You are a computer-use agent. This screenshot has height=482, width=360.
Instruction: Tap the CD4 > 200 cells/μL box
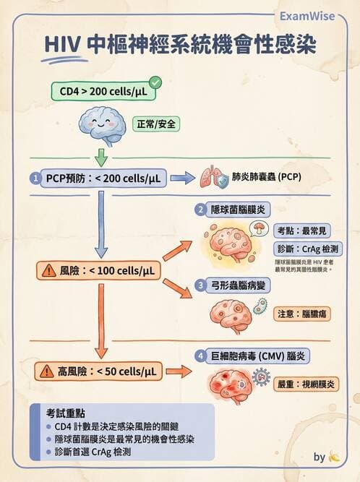(x=103, y=92)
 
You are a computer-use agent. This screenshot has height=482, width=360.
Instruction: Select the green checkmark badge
(x=155, y=82)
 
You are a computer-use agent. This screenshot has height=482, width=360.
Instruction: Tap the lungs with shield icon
(x=212, y=177)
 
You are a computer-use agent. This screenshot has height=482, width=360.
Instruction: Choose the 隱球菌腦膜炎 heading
(x=235, y=210)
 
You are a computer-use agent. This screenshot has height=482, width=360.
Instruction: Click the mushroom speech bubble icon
(x=257, y=228)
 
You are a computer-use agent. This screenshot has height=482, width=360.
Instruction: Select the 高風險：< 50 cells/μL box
(x=97, y=371)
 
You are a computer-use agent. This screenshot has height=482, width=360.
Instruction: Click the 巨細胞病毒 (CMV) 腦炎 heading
(x=256, y=356)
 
